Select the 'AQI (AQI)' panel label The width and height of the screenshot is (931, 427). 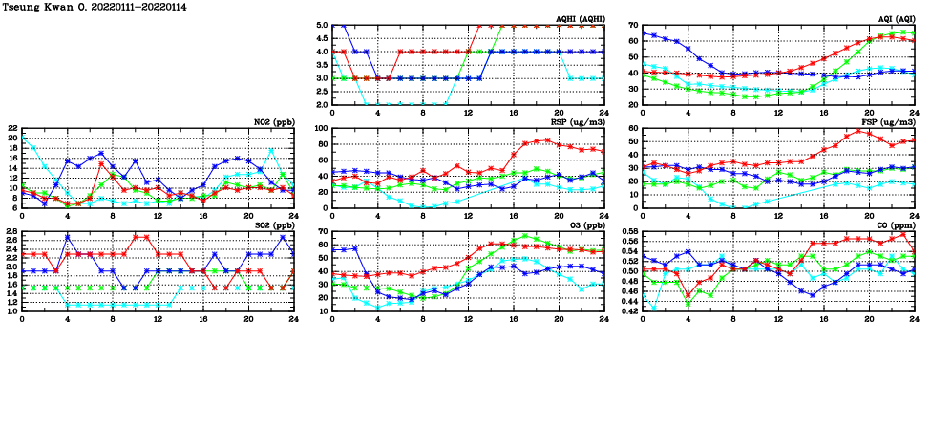(895, 19)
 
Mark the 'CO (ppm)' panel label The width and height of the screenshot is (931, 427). (894, 225)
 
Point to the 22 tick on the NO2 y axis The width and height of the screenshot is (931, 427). (11, 128)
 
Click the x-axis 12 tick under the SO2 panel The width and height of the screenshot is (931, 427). (159, 318)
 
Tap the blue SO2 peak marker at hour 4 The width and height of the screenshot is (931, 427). (68, 236)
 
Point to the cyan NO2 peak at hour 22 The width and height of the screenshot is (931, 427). (271, 150)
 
